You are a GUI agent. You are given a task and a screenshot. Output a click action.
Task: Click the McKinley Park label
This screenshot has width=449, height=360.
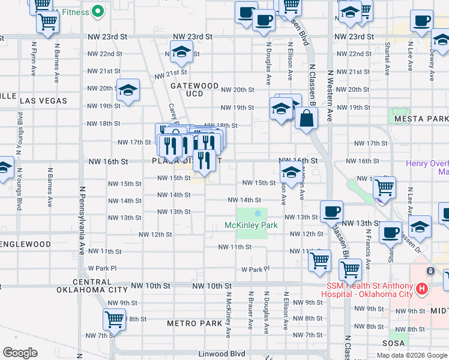[x=251, y=225]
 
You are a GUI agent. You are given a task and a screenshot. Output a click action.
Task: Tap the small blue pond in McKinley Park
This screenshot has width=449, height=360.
[x=258, y=213]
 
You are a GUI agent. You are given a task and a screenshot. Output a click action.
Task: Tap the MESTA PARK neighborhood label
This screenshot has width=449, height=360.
[x=421, y=119]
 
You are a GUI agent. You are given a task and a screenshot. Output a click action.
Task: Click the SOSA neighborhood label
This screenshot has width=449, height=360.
[x=394, y=343]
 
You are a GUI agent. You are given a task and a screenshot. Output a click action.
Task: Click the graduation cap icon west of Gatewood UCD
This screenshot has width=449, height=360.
[x=128, y=91]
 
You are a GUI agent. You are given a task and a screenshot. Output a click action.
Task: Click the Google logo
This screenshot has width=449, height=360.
[x=20, y=353]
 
